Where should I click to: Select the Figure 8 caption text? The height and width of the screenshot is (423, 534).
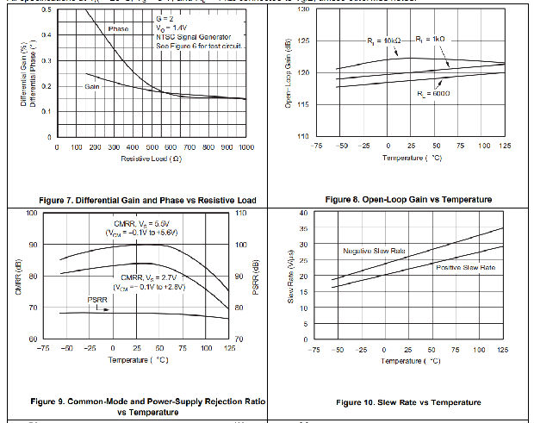[405, 199]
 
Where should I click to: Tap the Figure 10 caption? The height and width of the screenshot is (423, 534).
[408, 402]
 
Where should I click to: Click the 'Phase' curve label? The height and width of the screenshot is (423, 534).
[119, 28]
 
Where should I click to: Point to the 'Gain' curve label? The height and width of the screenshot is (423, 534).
[96, 87]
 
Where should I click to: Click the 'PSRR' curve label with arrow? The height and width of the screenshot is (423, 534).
[102, 302]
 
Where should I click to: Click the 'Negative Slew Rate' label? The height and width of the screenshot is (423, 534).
[375, 250]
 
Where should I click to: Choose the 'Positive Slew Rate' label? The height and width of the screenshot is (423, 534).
[464, 268]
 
